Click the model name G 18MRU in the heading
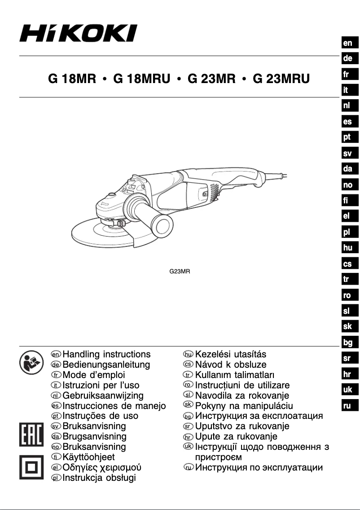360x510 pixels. click(x=142, y=79)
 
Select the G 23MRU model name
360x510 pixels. click(x=281, y=79)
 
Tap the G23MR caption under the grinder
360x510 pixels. click(x=180, y=272)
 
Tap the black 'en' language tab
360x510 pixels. click(x=347, y=43)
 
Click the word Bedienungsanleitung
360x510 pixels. click(x=106, y=365)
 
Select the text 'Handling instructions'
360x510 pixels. click(x=107, y=355)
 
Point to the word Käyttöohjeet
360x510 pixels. click(x=89, y=457)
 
